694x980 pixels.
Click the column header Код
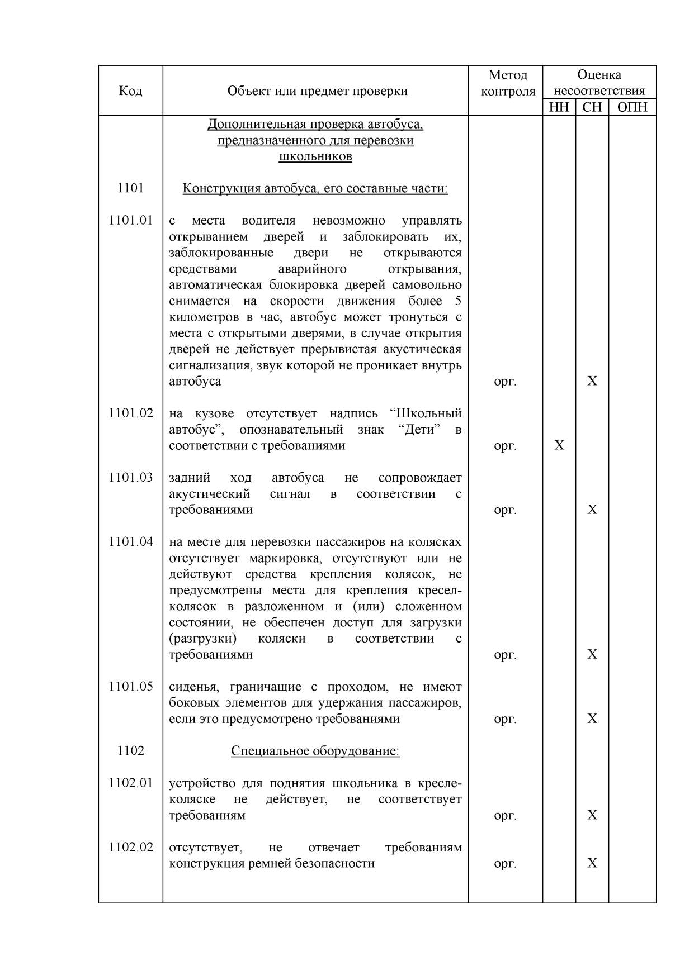pos(130,91)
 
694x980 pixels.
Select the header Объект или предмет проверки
pos(317,91)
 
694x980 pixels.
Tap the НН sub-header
pos(559,107)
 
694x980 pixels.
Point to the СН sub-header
pos(592,107)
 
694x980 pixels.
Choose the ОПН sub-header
pos(632,107)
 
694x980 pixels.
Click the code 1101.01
pos(130,221)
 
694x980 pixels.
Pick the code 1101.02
pos(130,413)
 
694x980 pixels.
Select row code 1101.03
pos(130,478)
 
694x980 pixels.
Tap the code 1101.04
pos(130,542)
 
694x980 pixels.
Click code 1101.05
pos(130,687)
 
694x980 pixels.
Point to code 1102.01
pos(130,783)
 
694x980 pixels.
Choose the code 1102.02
pos(130,848)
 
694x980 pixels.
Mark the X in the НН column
pos(559,446)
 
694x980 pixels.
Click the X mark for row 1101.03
pos(592,510)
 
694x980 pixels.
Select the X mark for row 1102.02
pos(592,864)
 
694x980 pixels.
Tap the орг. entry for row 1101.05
pos(505,719)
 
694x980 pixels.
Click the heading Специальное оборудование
pos(315,751)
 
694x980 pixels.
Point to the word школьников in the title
pos(315,156)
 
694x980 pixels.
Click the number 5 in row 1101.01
pos(458,301)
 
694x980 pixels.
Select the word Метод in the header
pos(508,75)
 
